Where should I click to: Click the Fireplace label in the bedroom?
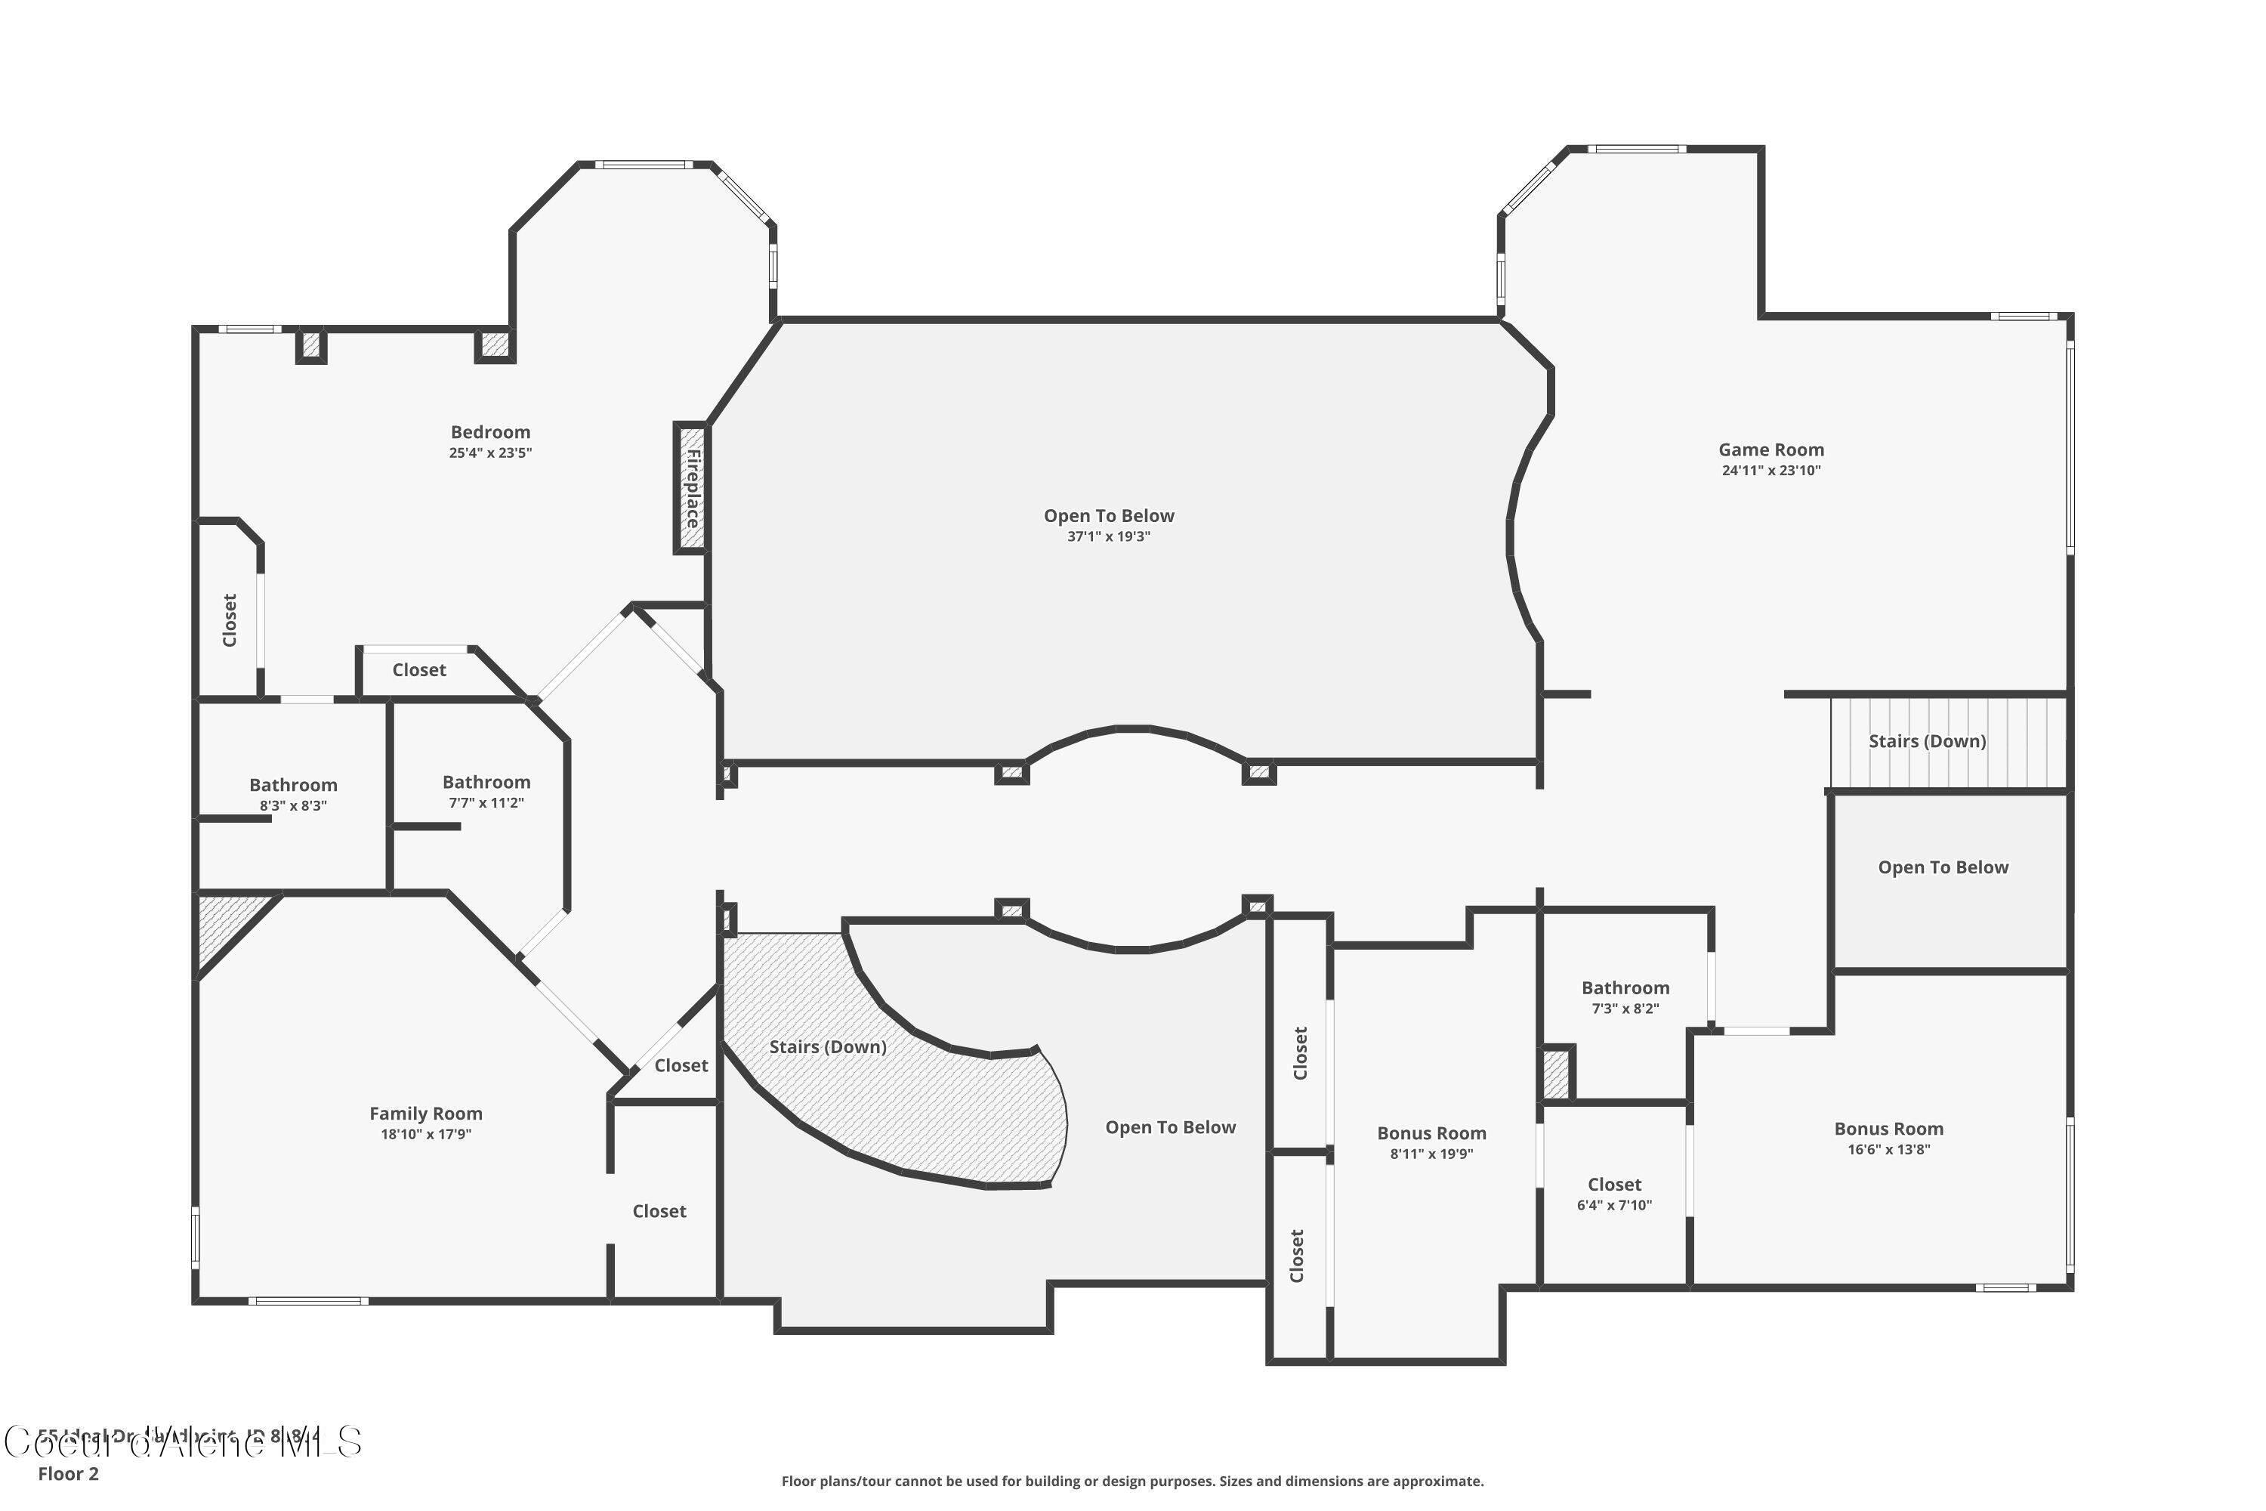692,487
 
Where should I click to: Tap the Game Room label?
1771,450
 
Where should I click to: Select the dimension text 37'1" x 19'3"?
1108,536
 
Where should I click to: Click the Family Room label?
426,1113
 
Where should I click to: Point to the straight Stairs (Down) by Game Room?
1927,741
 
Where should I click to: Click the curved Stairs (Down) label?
828,1046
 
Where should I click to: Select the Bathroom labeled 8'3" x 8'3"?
293,786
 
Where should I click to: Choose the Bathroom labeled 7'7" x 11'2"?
486,783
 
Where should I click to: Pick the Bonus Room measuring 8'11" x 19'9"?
1431,1133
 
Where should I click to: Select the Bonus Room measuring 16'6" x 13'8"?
1888,1129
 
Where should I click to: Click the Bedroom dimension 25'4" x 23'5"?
489,453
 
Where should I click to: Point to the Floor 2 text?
69,1473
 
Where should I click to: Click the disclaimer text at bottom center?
1132,1481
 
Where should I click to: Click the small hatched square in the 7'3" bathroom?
1556,1074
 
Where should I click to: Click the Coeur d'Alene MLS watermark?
183,1442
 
